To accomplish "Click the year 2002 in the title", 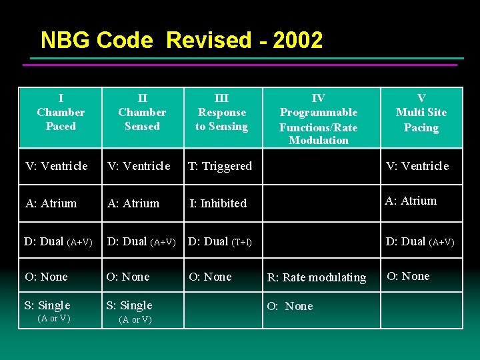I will coord(297,41).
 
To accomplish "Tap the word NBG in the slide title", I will coord(65,41).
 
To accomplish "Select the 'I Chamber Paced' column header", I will coord(61,112).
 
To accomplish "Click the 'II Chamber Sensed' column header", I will coord(142,112).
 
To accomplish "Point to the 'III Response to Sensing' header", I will coord(221,112).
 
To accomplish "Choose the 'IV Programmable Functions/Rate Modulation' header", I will coord(319,119).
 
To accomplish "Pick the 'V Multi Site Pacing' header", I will coord(421,113).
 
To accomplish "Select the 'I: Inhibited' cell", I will coord(218,203).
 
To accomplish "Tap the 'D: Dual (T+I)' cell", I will coord(220,241).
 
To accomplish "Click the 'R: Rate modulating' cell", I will coord(317,277).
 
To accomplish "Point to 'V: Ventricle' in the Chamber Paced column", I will coord(56,166).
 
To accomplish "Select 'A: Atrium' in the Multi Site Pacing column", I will coord(411,201).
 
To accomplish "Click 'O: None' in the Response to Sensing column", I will coord(210,277).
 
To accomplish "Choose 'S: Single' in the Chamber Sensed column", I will coord(129,306).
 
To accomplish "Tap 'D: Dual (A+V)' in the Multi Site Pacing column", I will coord(420,242).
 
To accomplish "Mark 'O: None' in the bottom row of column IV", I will coord(290,307).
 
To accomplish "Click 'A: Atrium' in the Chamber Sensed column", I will coord(133,203).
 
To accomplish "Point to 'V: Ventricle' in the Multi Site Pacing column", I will coord(417,166).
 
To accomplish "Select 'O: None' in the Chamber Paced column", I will coord(46,277).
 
